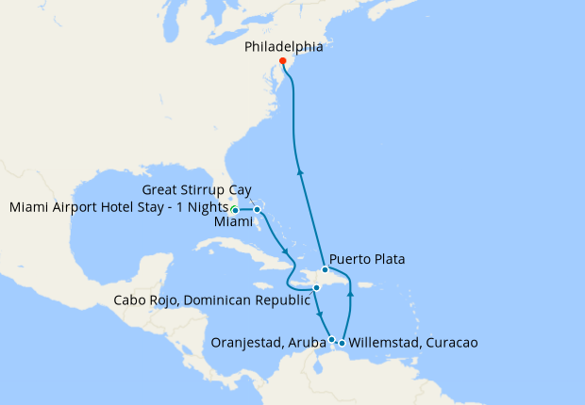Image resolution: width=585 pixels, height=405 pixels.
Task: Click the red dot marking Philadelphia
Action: [283, 61]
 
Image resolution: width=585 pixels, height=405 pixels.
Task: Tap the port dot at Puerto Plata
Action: [326, 269]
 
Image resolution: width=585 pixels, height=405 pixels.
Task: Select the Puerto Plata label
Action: [368, 258]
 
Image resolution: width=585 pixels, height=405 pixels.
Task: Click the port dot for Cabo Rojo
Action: [318, 287]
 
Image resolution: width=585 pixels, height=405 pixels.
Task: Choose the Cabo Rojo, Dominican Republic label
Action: [212, 301]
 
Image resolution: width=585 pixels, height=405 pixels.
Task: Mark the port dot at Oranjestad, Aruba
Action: [331, 339]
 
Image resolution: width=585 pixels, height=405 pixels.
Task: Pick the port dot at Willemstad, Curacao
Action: [342, 343]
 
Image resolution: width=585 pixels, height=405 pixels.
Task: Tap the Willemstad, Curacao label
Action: [413, 344]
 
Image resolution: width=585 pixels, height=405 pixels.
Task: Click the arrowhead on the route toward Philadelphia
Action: [301, 171]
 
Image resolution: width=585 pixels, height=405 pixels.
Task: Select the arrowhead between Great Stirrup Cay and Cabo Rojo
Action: [285, 251]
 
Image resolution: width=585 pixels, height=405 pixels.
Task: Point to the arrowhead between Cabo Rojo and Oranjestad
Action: [322, 316]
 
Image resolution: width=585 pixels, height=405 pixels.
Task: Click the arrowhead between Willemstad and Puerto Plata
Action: [350, 294]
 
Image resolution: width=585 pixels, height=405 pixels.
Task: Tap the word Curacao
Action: [451, 344]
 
